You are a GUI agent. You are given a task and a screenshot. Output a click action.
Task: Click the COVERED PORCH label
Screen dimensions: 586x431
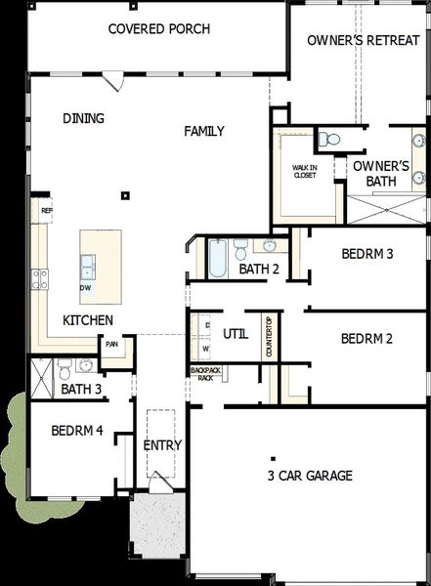click(x=158, y=28)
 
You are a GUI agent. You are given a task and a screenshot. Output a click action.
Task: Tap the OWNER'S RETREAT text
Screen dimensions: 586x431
click(x=355, y=41)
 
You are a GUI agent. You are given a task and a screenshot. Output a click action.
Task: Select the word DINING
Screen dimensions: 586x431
click(x=83, y=118)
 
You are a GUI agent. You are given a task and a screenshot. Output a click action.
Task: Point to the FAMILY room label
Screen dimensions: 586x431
click(x=204, y=131)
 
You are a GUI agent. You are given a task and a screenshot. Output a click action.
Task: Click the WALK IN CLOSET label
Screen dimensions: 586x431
click(x=305, y=172)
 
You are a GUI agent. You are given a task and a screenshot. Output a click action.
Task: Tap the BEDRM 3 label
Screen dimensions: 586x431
click(x=366, y=254)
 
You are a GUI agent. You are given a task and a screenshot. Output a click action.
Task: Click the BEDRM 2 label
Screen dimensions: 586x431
click(x=366, y=339)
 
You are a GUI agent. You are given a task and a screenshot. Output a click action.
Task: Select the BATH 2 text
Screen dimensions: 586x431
click(x=259, y=269)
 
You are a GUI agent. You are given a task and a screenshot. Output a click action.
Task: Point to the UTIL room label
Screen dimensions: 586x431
click(x=235, y=333)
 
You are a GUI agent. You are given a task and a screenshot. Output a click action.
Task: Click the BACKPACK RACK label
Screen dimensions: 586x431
click(x=205, y=374)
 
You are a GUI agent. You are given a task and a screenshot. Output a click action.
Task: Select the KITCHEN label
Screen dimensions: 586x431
click(x=88, y=320)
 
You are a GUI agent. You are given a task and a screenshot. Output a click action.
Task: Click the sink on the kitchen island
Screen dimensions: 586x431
click(x=88, y=264)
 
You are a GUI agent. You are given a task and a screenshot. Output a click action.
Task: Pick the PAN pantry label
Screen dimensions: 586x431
click(x=112, y=344)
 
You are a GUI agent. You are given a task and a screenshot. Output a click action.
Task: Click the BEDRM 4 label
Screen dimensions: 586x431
click(x=77, y=430)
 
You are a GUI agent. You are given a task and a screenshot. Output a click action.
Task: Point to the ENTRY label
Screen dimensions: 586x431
click(x=162, y=445)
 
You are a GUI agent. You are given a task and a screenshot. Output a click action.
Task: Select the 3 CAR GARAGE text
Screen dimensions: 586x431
click(x=310, y=476)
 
